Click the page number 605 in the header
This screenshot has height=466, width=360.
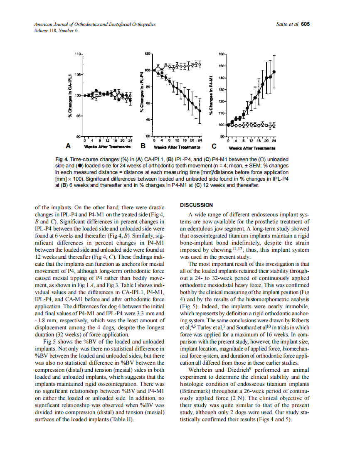305,25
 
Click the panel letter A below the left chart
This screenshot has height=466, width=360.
67,146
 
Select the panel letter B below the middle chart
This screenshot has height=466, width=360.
143,146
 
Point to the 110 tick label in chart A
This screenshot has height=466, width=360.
78,54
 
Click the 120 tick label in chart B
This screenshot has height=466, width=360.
148,54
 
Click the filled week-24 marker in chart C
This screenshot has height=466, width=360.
274,72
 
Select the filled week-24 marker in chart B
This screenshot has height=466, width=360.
200,111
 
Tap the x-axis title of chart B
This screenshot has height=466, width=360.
178,147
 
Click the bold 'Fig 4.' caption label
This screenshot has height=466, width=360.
62,159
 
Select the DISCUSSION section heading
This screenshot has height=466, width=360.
196,205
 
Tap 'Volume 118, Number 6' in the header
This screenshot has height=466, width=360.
56,30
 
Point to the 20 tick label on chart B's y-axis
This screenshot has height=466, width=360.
148,136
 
